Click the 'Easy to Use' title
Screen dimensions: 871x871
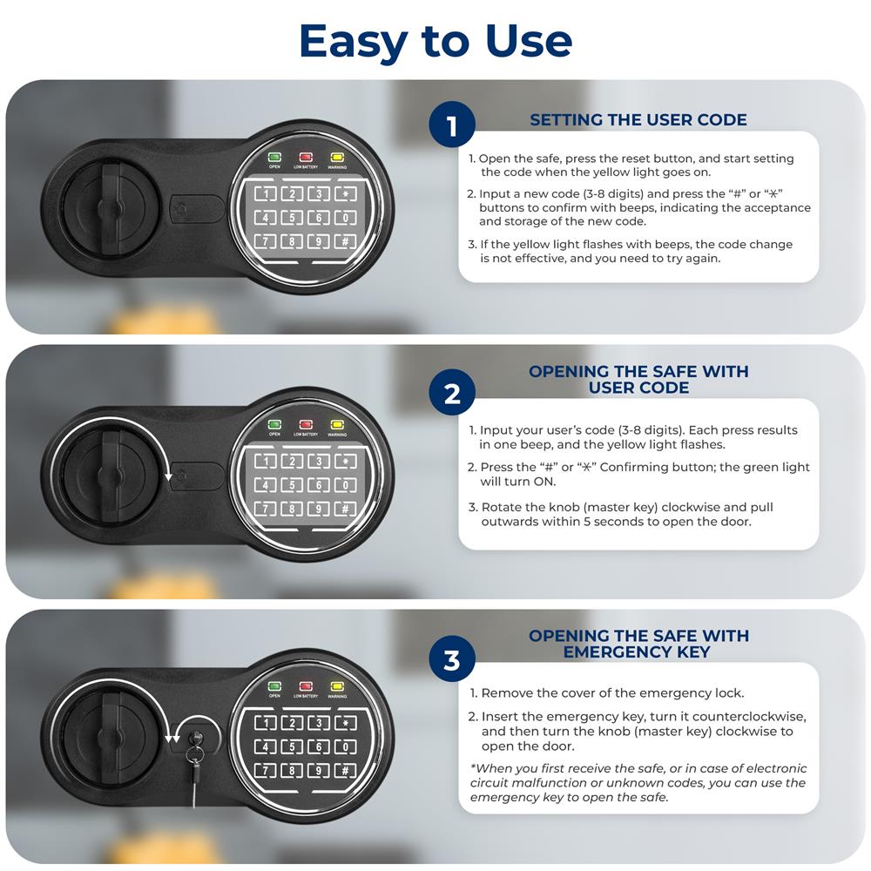tap(435, 42)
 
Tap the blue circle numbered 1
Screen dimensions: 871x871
tap(451, 125)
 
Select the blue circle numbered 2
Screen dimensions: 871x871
tap(451, 392)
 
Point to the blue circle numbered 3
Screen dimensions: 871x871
tap(451, 658)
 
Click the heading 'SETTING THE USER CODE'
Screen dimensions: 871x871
tap(638, 120)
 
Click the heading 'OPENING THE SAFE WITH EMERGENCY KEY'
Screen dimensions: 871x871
tap(638, 644)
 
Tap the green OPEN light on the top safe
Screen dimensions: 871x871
tap(274, 157)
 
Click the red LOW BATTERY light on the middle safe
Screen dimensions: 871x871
tap(306, 425)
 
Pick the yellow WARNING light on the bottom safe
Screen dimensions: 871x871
tap(336, 686)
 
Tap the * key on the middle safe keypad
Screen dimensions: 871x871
tap(346, 462)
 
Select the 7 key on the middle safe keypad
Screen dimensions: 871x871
tap(266, 509)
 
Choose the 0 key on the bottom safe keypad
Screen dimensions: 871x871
tap(346, 747)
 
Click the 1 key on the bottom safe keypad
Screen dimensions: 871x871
tap(266, 723)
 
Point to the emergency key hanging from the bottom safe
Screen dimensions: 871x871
tap(194, 767)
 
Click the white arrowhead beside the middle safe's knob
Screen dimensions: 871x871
tap(169, 476)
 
